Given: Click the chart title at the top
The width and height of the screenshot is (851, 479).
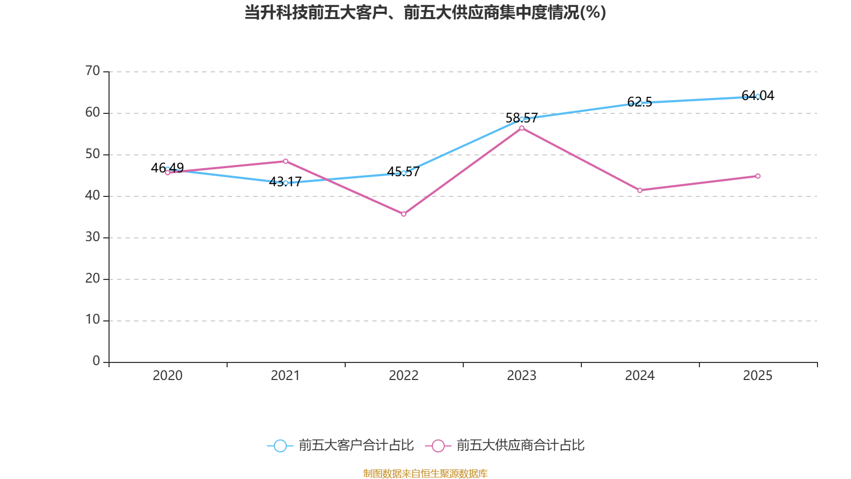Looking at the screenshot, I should pos(425,12).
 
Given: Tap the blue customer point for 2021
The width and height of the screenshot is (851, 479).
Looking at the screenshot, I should pos(286,183).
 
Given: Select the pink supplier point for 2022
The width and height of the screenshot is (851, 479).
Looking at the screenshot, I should pos(404,214).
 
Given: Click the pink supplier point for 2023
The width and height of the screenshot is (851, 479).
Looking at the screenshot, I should pos(522,128).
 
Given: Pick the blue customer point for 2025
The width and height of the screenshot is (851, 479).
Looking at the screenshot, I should pos(757,96).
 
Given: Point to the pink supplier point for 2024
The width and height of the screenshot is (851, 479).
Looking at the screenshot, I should pos(640,190).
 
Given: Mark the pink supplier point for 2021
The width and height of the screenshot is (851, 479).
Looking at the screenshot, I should pos(286,161).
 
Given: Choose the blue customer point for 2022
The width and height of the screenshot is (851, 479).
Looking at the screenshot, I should pos(404,173).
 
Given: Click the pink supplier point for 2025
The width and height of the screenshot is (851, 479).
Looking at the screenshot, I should pos(758,176).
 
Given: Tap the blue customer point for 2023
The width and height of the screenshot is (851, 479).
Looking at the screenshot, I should pos(522,119).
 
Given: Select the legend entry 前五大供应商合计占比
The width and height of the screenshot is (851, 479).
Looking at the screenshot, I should pos(505,445).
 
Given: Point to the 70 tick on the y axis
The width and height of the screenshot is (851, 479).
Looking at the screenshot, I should pos(93,71).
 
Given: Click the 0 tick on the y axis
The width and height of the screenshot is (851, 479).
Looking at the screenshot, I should pos(96,361).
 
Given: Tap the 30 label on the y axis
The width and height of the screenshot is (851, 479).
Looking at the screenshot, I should pos(93,237).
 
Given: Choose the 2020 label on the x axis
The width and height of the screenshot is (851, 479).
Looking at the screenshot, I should pos(168,376).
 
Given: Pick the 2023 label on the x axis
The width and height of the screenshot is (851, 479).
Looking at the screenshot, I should pos(522,376).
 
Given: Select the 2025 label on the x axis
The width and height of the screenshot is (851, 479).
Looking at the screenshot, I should pos(757,376).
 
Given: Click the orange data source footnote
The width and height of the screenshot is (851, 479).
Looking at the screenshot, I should pos(425,473).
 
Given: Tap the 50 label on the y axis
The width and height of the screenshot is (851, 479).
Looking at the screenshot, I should pos(93,154).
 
